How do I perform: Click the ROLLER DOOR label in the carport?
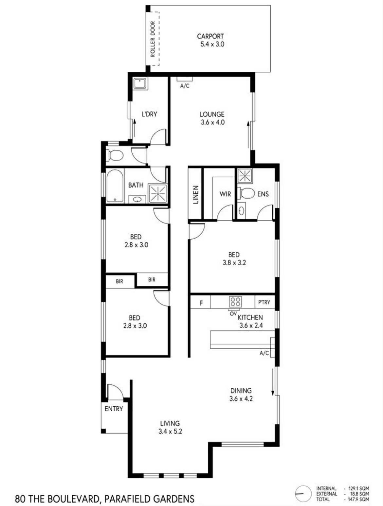pyautogui.click(x=152, y=39)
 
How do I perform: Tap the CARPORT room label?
pyautogui.click(x=210, y=36)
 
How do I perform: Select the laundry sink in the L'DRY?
pyautogui.click(x=140, y=84)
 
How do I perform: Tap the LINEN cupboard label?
pyautogui.click(x=196, y=195)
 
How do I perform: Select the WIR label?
pyautogui.click(x=225, y=194)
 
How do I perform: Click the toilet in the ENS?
pyautogui.click(x=246, y=193)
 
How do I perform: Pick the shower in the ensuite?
pyautogui.click(x=245, y=176)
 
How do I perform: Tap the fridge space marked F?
pyautogui.click(x=201, y=303)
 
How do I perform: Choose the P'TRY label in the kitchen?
pyautogui.click(x=264, y=302)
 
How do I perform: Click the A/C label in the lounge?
pyautogui.click(x=185, y=86)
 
